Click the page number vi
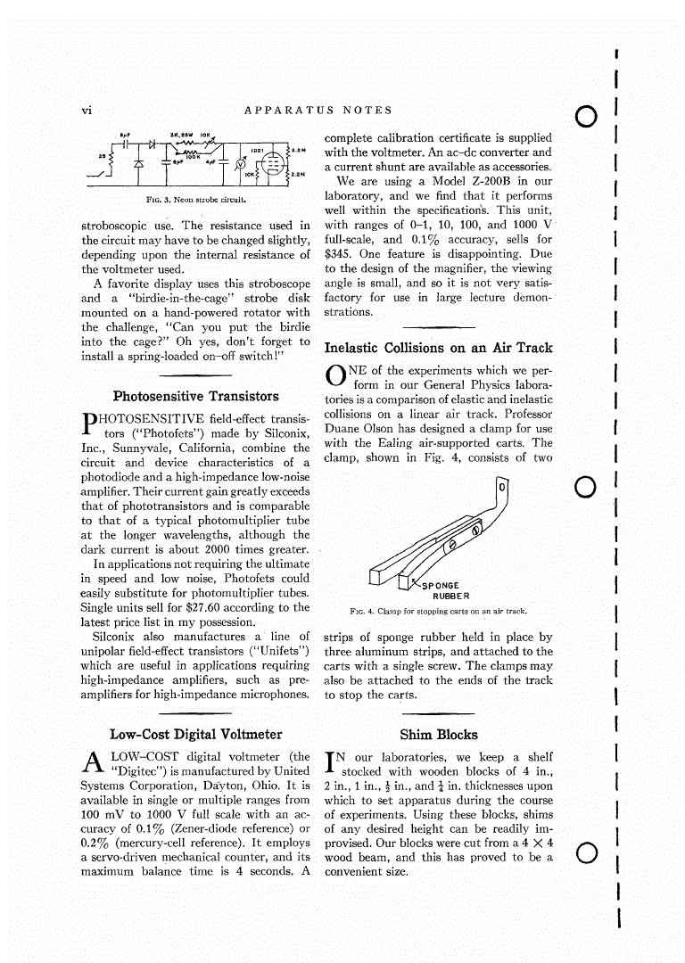pyautogui.click(x=87, y=111)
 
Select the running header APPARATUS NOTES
pyautogui.click(x=318, y=111)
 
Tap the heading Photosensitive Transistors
pyautogui.click(x=195, y=397)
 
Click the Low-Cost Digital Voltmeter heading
pyautogui.click(x=195, y=735)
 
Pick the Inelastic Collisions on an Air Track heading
pyautogui.click(x=439, y=349)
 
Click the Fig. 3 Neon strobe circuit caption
pyautogui.click(x=195, y=200)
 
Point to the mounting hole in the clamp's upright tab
pyautogui.click(x=502, y=489)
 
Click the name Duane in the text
pyautogui.click(x=343, y=429)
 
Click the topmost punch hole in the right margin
pyautogui.click(x=586, y=116)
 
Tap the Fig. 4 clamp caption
pyautogui.click(x=439, y=612)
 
